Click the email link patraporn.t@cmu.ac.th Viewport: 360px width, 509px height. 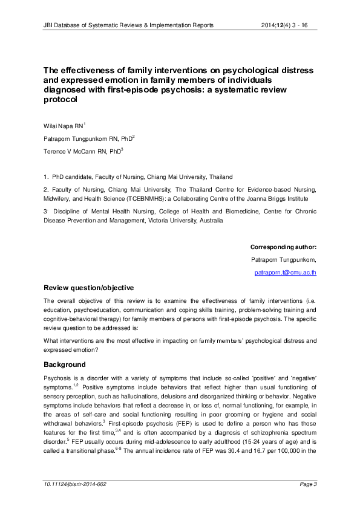tap(285, 273)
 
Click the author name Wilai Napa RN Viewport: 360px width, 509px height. tap(62, 125)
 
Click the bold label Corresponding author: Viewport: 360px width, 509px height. tap(283, 247)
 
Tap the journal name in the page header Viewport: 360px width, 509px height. tap(128, 25)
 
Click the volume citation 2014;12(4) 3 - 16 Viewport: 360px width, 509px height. tap(286, 25)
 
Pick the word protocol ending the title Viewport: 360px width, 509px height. tap(61, 101)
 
